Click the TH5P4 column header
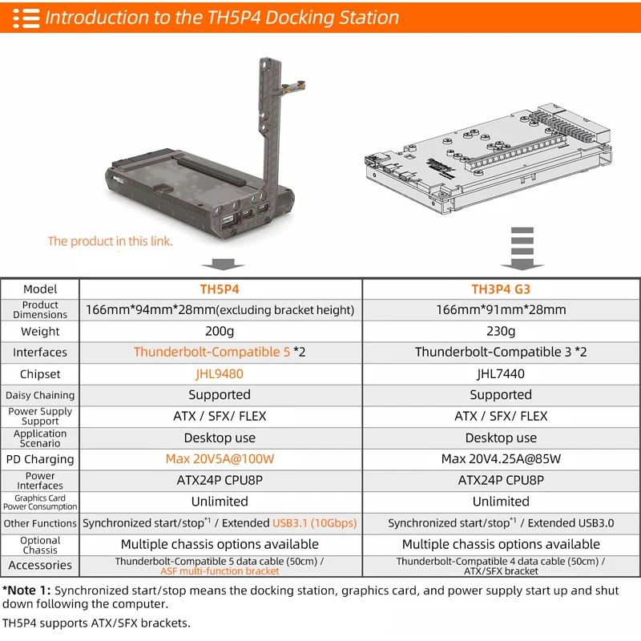tap(220, 289)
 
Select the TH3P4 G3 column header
tap(501, 289)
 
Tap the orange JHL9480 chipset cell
tap(220, 373)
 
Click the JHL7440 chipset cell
tap(501, 373)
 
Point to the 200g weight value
tap(220, 331)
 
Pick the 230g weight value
tap(501, 331)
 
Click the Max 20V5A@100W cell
tap(220, 459)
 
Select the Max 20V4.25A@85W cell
tap(501, 459)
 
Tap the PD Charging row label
tap(40, 459)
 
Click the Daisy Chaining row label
tap(40, 395)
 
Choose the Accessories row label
tap(40, 565)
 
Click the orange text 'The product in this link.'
tap(110, 241)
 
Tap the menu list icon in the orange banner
tap(26, 18)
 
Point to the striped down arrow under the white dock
tap(522, 248)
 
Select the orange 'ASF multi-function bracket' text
tap(220, 571)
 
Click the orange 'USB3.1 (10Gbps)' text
tap(314, 523)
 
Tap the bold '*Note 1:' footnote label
tap(27, 591)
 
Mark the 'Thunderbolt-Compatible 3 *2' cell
tap(501, 352)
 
